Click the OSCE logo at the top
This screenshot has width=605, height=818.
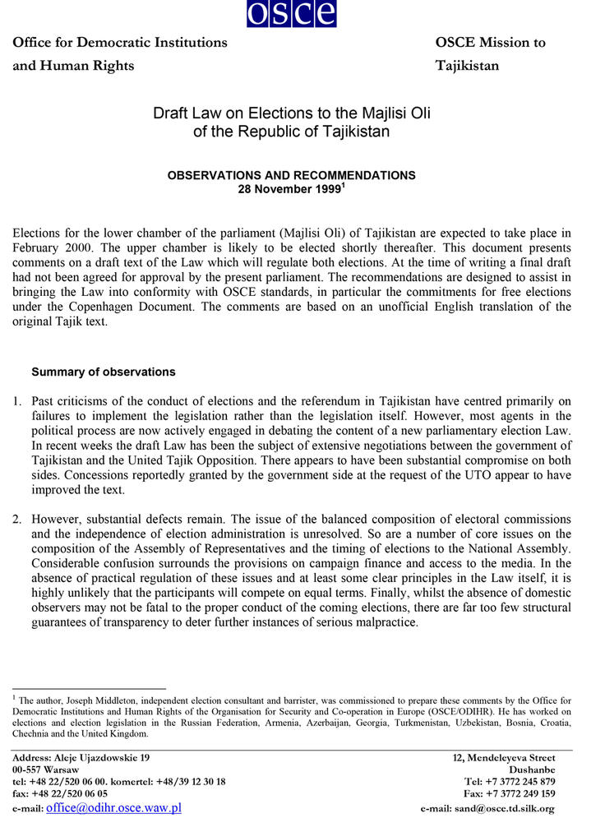coord(291,12)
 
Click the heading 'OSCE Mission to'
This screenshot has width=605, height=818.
coord(490,42)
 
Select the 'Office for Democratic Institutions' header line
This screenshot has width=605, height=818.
coord(119,42)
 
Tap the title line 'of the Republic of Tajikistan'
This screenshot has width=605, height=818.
coord(291,132)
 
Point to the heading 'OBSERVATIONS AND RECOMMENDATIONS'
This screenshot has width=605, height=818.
coord(291,175)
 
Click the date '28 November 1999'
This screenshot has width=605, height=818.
coord(288,188)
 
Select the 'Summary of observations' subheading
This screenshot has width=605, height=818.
coord(103,372)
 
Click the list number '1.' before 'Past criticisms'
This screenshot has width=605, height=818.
coord(17,401)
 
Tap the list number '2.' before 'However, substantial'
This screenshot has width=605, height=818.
coord(17,520)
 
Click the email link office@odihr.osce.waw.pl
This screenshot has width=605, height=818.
coord(113,807)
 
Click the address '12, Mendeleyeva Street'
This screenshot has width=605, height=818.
coord(504,757)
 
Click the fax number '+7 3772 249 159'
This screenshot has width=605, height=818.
coord(522,794)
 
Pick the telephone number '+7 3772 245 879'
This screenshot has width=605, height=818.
coord(522,782)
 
